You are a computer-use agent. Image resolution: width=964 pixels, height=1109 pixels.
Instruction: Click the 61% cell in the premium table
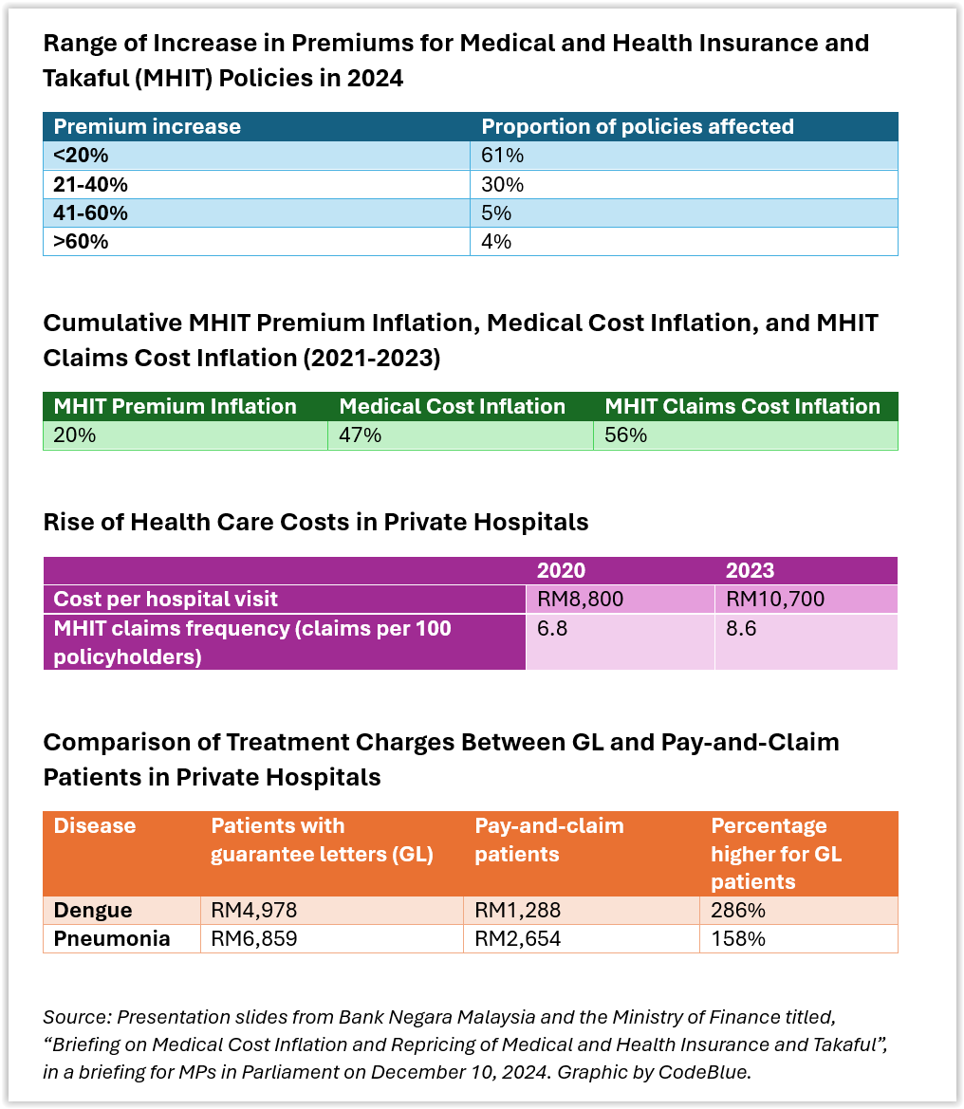(x=502, y=155)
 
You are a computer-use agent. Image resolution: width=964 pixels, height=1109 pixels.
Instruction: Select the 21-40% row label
(x=90, y=185)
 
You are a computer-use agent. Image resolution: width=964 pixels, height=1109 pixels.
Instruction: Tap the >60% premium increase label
(x=81, y=242)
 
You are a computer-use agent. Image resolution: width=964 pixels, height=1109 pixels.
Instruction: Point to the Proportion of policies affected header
(x=638, y=126)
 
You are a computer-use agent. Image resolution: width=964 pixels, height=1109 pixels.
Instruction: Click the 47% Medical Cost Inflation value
(x=360, y=435)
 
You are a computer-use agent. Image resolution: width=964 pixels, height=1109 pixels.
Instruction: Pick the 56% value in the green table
(x=625, y=435)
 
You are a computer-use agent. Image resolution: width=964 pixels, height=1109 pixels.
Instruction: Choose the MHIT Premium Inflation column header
(x=175, y=407)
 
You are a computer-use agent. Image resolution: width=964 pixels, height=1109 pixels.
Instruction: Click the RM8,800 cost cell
(x=580, y=599)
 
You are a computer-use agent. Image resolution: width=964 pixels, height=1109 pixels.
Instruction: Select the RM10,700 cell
(x=775, y=599)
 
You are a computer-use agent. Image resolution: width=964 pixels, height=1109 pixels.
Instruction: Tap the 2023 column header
(x=750, y=571)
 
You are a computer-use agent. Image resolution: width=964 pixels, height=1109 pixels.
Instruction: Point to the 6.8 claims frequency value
(x=551, y=628)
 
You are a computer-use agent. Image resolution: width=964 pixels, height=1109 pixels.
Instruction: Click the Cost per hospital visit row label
(x=165, y=599)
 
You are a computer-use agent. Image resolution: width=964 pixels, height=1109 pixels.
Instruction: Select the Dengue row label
(x=93, y=911)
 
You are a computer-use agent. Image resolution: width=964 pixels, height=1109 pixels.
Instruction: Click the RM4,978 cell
(x=254, y=911)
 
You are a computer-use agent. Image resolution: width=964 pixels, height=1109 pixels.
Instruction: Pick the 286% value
(x=738, y=911)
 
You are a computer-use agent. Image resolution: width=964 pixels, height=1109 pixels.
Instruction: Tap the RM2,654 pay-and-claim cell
(x=518, y=938)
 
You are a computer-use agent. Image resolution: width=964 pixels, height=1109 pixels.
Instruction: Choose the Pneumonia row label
(x=112, y=938)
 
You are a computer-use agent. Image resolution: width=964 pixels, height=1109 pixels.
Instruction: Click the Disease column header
(x=95, y=825)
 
